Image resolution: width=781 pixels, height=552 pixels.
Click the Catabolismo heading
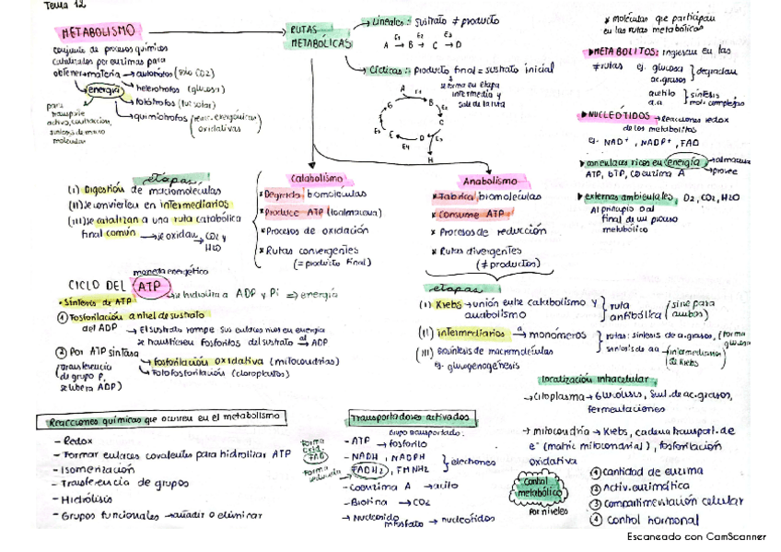point(316,178)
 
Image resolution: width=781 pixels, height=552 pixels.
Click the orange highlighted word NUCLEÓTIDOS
point(611,116)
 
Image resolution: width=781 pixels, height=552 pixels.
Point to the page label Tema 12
point(63,6)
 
